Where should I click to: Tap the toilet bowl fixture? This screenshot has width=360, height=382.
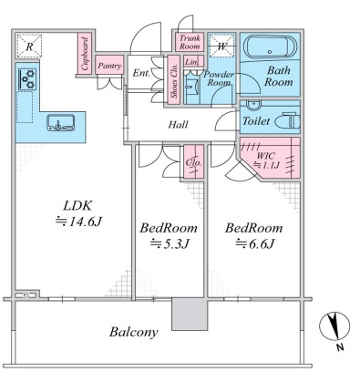coord(287,121)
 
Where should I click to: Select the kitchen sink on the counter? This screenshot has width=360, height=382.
coord(61,123)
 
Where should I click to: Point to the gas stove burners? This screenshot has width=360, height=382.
coord(27,79)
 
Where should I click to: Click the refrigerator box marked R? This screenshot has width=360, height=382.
coord(29,46)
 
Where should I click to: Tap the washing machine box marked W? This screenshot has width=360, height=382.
coord(222,46)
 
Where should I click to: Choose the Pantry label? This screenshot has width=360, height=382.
coord(109,66)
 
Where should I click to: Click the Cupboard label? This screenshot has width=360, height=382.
coord(86,54)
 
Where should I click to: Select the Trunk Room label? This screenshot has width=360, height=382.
coord(190,42)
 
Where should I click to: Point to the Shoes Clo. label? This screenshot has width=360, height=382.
coord(174,80)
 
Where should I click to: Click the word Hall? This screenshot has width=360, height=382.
coord(179,125)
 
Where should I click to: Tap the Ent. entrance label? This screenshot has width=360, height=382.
coord(141,73)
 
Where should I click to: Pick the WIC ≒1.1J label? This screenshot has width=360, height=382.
coord(266,160)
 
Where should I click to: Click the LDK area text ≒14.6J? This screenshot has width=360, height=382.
coord(77,222)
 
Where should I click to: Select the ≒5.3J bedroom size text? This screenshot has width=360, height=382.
coord(170,243)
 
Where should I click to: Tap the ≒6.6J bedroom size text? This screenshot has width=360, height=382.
coord(255,243)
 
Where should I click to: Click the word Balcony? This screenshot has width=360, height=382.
coord(134,332)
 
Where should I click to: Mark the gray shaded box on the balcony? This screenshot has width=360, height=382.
coord(190,315)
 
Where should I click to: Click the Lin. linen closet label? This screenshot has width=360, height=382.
coord(191,62)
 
